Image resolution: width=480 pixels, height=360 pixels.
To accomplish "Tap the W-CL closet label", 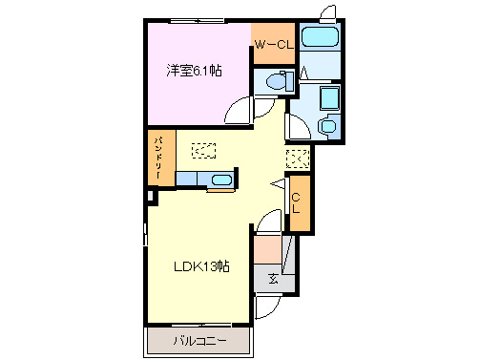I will click(x=273, y=43).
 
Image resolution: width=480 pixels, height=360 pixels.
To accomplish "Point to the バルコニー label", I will click(x=199, y=340).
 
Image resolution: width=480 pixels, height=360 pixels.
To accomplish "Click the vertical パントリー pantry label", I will click(x=160, y=159).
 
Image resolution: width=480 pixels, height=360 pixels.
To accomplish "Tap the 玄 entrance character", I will click(x=273, y=279).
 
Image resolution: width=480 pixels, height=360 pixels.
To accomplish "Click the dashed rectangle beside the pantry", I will click(x=203, y=149).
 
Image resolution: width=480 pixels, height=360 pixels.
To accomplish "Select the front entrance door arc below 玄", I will click(x=269, y=305).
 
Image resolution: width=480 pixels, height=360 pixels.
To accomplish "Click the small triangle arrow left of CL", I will click(x=279, y=184).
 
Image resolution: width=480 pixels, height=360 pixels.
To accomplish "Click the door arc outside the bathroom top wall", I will click(x=329, y=12).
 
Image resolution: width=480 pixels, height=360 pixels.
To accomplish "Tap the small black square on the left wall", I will click(x=150, y=198).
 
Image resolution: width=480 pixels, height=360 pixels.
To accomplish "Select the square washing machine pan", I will click(x=327, y=99).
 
